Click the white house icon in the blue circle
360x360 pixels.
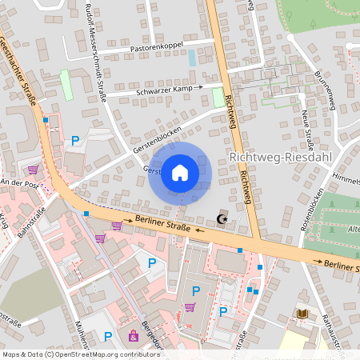[x=179, y=173]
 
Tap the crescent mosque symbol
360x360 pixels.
[x=222, y=218]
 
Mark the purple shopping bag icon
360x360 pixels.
[x=132, y=335]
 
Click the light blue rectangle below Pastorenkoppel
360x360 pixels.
[x=191, y=58]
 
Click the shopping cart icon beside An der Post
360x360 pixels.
[x=33, y=169]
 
